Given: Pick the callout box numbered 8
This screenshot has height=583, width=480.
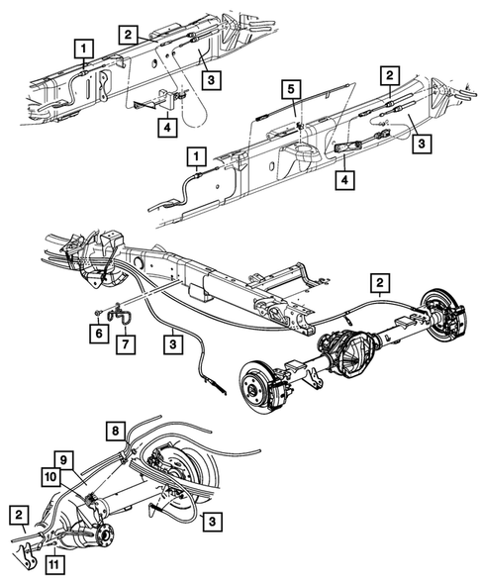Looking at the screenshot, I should [115, 431].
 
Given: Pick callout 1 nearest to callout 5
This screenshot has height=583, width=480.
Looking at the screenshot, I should [197, 156].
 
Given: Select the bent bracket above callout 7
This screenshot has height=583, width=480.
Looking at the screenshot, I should [120, 315].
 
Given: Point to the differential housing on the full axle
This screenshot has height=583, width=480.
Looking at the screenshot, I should [354, 351].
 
